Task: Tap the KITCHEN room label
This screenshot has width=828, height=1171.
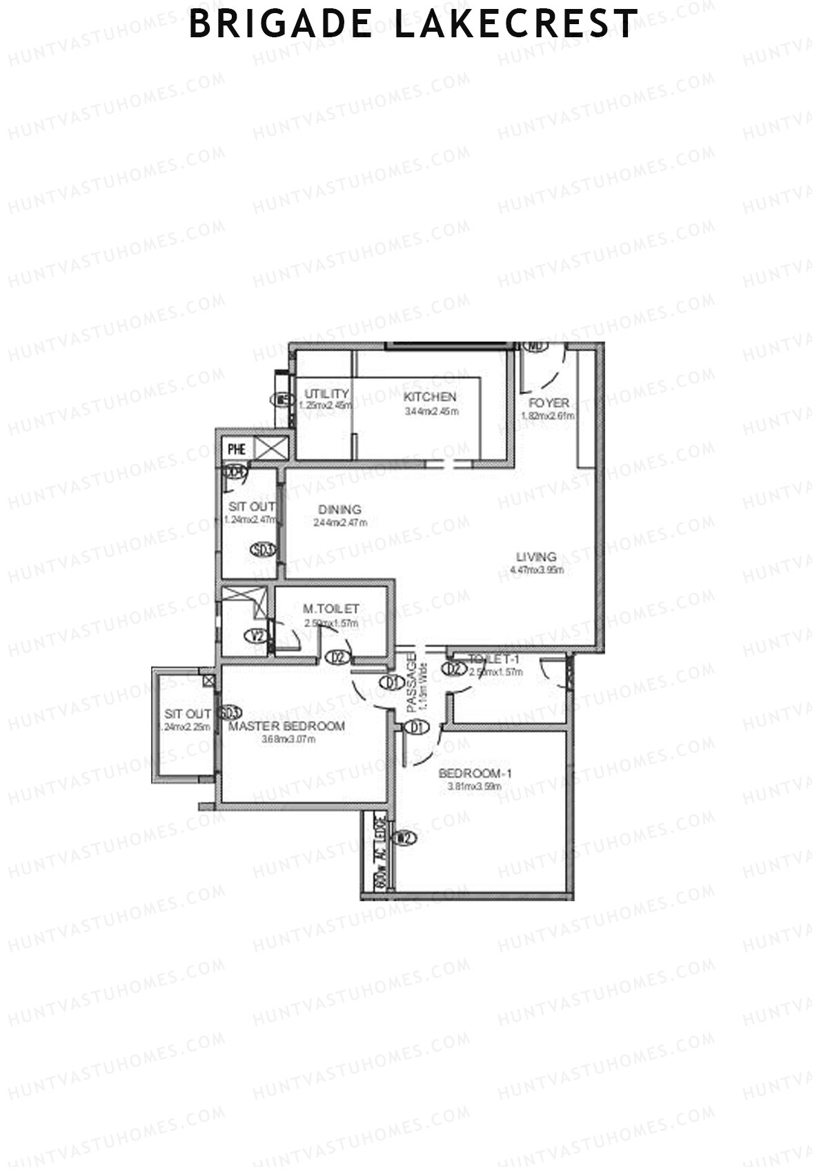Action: (430, 397)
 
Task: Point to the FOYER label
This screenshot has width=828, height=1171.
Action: (549, 403)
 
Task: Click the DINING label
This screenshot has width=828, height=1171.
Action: (339, 510)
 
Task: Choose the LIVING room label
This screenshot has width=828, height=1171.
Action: (536, 557)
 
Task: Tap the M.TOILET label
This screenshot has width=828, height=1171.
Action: (331, 609)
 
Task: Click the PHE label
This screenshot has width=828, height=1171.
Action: (237, 449)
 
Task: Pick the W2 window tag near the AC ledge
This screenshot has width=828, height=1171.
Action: (404, 838)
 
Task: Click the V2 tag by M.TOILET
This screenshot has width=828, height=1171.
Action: (258, 636)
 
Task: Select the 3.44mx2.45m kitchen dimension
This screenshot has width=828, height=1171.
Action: (431, 411)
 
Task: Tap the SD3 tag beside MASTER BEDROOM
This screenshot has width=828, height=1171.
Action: (229, 713)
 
